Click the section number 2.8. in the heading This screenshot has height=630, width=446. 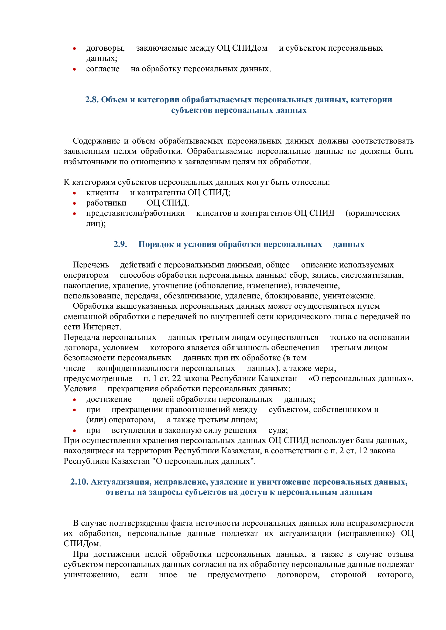[x=92, y=100]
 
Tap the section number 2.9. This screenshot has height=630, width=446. [x=120, y=244]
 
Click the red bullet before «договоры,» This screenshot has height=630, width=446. [x=74, y=49]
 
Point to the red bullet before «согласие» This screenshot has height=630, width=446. [x=74, y=69]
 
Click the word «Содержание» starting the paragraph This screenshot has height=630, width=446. [x=96, y=141]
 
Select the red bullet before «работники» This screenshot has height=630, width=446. [x=74, y=204]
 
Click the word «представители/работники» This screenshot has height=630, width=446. [x=135, y=213]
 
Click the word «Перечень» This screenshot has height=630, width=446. [x=91, y=265]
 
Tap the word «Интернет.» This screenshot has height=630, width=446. [x=102, y=327]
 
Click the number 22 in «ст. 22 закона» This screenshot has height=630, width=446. [x=176, y=378]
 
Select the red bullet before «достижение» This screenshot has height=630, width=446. [x=74, y=400]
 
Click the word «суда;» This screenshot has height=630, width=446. [x=278, y=430]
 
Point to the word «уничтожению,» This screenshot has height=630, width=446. [x=91, y=575]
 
